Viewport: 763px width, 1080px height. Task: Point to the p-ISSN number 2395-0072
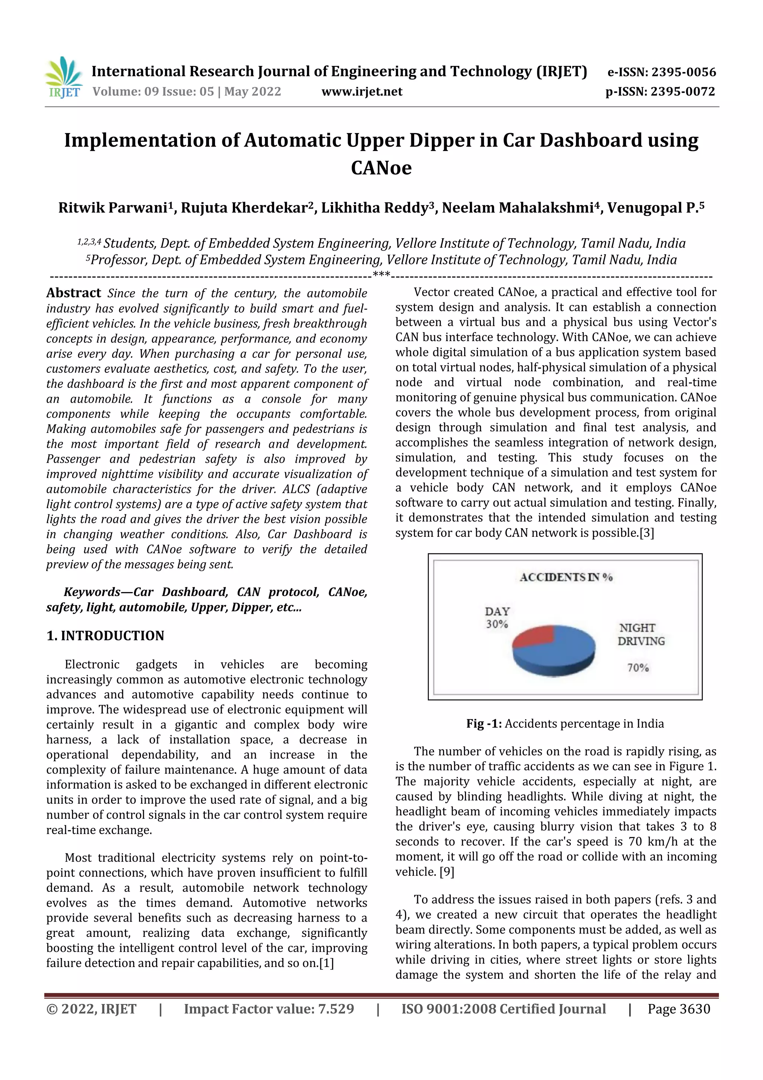683,92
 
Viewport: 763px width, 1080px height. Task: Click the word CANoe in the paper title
381,168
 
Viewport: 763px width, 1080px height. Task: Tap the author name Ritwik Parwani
113,208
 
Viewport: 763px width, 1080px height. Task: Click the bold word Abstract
73,293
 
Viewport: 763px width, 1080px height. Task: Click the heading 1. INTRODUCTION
105,636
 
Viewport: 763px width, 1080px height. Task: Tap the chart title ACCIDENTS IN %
566,577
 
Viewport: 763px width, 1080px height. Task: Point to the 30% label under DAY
497,624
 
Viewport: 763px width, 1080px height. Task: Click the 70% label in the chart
638,667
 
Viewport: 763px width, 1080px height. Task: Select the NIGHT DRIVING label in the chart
640,635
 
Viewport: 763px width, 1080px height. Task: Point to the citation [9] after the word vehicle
447,872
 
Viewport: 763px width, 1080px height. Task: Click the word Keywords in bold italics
92,592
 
